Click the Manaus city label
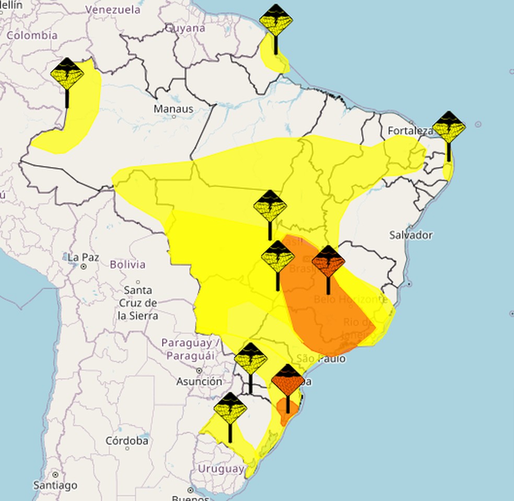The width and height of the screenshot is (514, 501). [173, 109]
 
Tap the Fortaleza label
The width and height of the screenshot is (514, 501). [411, 131]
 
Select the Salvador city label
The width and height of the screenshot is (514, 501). [411, 235]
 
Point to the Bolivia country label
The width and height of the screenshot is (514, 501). [127, 265]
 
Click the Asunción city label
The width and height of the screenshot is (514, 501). [198, 382]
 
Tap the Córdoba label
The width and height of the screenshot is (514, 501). [127, 441]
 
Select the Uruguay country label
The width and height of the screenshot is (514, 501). [220, 469]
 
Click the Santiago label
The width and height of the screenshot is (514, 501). [55, 485]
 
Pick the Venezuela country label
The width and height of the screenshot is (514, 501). [113, 9]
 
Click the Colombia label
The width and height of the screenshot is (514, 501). [32, 36]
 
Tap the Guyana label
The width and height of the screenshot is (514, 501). [185, 28]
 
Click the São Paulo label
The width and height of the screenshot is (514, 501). [321, 359]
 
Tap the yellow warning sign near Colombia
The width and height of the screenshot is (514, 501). [67, 74]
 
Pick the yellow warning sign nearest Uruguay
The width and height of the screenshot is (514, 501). [230, 409]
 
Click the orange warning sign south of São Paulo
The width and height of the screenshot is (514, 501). [288, 380]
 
